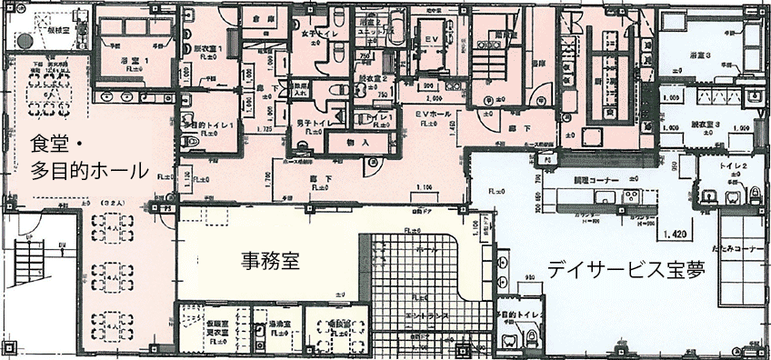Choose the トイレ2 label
pos(732,168)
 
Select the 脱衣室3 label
pos(706,123)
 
